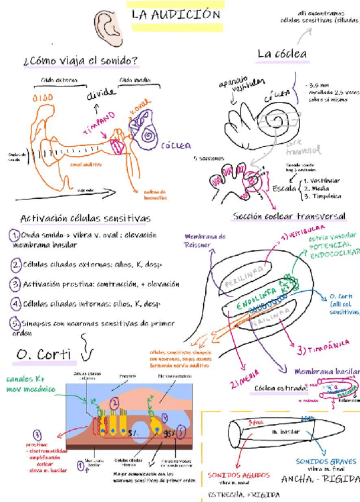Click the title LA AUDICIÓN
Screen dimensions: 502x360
point(176,15)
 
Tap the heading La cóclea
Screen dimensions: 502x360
point(282,54)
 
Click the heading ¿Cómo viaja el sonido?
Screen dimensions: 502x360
point(81,60)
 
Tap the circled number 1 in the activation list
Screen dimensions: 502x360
point(15,236)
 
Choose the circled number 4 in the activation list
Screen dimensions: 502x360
point(15,304)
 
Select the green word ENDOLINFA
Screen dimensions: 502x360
point(259,295)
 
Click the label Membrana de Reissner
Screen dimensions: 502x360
point(205,240)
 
